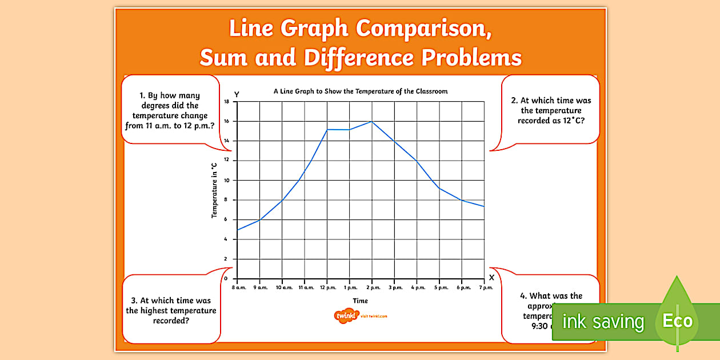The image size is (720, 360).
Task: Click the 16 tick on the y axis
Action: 227,121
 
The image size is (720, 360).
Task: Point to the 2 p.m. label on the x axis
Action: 372,287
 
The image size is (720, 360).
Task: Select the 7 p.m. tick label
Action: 485,287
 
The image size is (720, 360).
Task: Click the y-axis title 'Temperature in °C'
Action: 214,190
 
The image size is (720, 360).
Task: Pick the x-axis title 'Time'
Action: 361,301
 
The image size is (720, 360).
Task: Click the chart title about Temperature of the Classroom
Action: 361,91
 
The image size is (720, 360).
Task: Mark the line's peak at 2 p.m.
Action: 372,121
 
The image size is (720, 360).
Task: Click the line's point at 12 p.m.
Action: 327,130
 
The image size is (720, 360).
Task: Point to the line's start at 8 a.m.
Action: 237,230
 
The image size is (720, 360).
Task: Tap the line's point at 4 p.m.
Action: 417,161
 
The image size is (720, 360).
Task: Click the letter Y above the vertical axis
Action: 237,94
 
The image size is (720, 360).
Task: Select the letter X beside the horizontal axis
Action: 491,277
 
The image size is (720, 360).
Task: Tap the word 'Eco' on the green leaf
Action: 677,321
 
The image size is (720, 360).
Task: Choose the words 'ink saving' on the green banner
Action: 603,322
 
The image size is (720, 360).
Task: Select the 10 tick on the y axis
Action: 227,180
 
